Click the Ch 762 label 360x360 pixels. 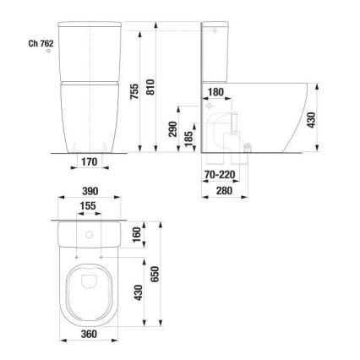coord(41,41)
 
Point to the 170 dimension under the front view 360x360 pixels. coord(90,161)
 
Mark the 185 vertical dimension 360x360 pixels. coord(189,137)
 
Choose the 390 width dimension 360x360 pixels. coord(89,193)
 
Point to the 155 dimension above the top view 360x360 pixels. coord(89,207)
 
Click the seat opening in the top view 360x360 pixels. coord(89,287)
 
